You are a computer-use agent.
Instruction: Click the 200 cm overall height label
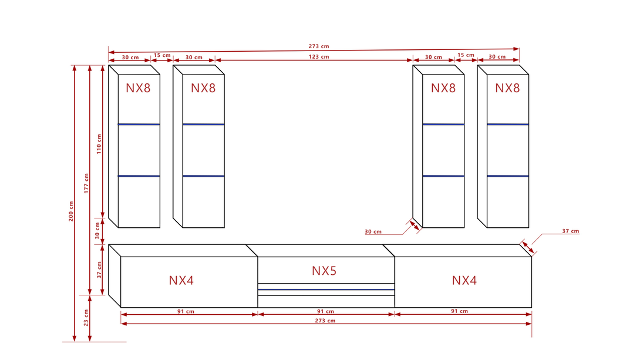pos(71,212)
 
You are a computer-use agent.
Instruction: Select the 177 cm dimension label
pos(86,184)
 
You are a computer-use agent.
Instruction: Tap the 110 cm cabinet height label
pos(99,144)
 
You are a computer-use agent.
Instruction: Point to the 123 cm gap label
pos(319,57)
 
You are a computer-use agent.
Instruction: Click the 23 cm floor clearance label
pos(86,318)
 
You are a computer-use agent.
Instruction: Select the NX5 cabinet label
pos(324,271)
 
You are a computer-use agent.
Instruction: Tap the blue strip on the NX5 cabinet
pos(326,290)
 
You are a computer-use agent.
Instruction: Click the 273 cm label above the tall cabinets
pos(319,46)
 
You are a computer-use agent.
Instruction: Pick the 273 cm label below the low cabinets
pos(326,321)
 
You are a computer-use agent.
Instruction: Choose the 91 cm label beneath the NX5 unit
pos(326,311)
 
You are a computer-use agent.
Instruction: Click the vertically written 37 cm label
pos(99,270)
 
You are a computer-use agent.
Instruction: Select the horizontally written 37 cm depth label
pos(570,231)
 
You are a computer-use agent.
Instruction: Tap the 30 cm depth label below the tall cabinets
pos(373,232)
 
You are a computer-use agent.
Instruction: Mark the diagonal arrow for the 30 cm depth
pos(415,226)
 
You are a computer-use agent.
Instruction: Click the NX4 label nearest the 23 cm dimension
pos(181,281)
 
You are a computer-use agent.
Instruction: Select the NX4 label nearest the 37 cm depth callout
pos(464,281)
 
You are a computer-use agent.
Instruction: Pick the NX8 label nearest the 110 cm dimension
pos(138,88)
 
